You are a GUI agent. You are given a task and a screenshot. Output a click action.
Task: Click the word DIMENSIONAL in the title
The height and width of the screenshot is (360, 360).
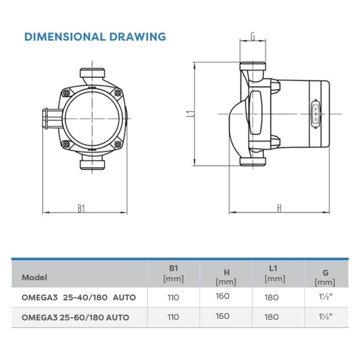pos(65,37)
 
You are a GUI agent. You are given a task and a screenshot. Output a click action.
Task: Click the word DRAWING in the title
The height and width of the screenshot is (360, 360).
pos(137,37)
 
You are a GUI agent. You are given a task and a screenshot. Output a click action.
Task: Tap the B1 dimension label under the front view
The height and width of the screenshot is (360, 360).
pos(81,208)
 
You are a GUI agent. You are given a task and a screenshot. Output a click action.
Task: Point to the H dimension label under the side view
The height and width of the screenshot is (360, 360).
pos(279,208)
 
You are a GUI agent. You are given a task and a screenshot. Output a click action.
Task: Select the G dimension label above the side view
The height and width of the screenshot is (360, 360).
pos(253,37)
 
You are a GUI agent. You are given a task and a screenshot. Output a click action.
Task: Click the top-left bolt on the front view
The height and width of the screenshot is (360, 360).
pos(66,93)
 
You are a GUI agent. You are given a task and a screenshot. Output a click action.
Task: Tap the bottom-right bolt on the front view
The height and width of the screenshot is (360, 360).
pos(118,145)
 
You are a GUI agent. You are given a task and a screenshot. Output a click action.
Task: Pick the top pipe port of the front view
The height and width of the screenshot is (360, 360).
pos(92,73)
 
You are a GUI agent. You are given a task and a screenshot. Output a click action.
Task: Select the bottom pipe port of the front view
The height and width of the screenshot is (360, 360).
pos(92,165)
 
